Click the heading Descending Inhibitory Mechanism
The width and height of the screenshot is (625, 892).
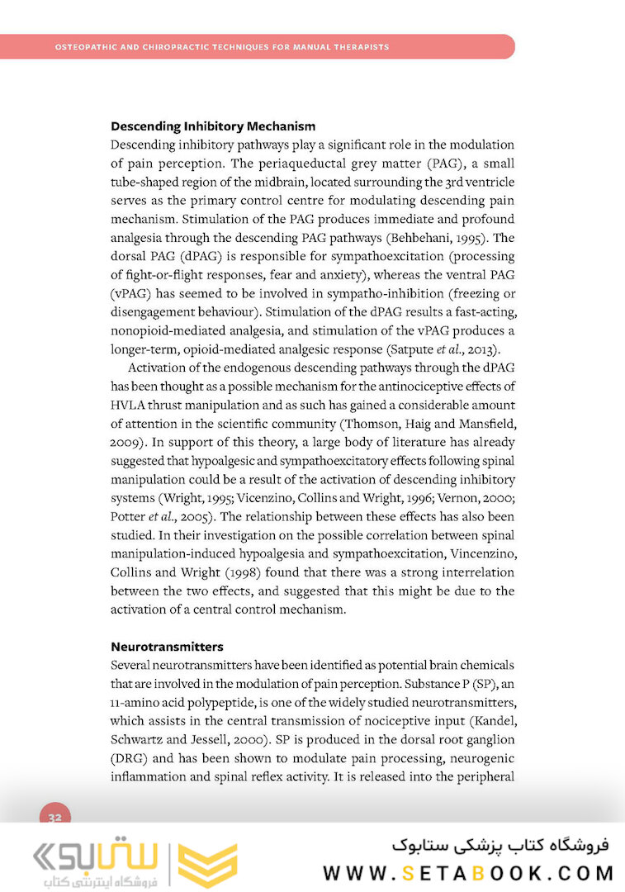(x=213, y=126)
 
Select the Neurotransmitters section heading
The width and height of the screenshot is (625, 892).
(x=167, y=646)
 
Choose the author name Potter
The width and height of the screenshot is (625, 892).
(x=128, y=516)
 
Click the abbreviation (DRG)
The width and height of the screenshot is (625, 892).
(x=129, y=757)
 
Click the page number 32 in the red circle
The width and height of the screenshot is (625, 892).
(x=55, y=818)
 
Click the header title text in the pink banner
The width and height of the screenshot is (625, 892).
(x=222, y=47)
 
